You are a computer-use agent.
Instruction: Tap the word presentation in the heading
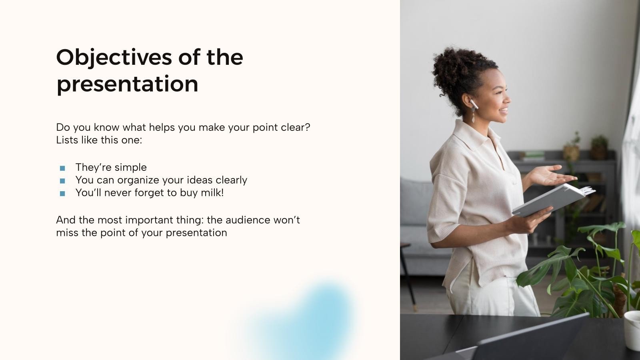127,84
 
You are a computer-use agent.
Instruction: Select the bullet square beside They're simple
62,168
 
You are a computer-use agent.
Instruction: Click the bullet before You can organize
62,181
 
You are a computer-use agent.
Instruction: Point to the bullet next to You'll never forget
62,194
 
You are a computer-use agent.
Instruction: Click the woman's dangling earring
473,117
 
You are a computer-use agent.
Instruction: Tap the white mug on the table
632,330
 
